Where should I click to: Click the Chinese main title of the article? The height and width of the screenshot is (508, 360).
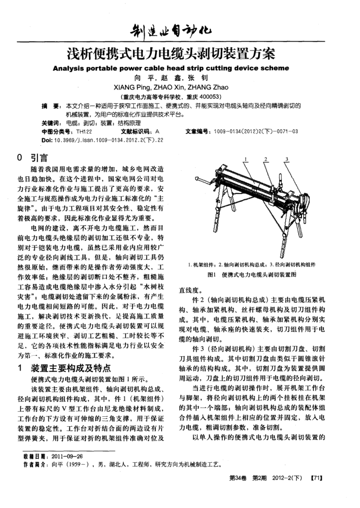[174, 53]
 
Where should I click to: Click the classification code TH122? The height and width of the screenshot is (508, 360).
[83, 131]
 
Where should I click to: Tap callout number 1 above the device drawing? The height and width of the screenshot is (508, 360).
[246, 159]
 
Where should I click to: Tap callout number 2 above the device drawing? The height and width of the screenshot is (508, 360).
[266, 159]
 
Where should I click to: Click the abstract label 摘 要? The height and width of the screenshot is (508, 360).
[50, 106]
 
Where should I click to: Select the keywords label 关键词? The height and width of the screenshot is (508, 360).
[50, 124]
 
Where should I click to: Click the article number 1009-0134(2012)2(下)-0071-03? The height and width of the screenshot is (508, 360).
[255, 131]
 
